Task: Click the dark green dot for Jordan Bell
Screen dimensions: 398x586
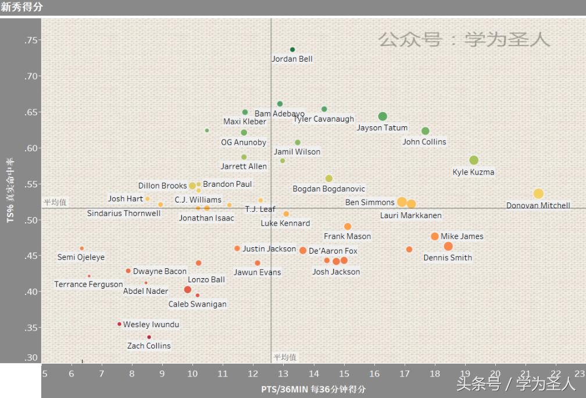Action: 292,50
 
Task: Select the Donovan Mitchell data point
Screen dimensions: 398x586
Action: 538,194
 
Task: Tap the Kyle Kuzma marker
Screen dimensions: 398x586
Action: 474,161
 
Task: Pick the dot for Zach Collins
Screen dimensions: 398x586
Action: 149,337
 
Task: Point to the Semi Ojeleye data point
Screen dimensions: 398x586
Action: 82,248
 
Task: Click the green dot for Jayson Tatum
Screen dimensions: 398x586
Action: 383,117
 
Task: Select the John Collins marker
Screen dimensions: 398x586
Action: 425,132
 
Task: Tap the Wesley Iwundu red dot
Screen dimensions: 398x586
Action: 119,324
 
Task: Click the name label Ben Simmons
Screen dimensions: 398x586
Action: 370,202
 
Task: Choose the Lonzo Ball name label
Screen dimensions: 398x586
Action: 206,280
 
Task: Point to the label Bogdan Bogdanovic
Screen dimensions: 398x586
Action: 329,189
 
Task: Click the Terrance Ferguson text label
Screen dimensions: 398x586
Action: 88,285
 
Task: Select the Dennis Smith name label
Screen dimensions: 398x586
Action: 448,258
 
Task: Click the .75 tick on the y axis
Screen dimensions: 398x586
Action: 31,40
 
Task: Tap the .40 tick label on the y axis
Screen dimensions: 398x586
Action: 31,292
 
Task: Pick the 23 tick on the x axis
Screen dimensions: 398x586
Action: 580,373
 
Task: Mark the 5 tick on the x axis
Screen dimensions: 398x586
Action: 45,373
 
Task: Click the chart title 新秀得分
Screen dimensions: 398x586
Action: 22,8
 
